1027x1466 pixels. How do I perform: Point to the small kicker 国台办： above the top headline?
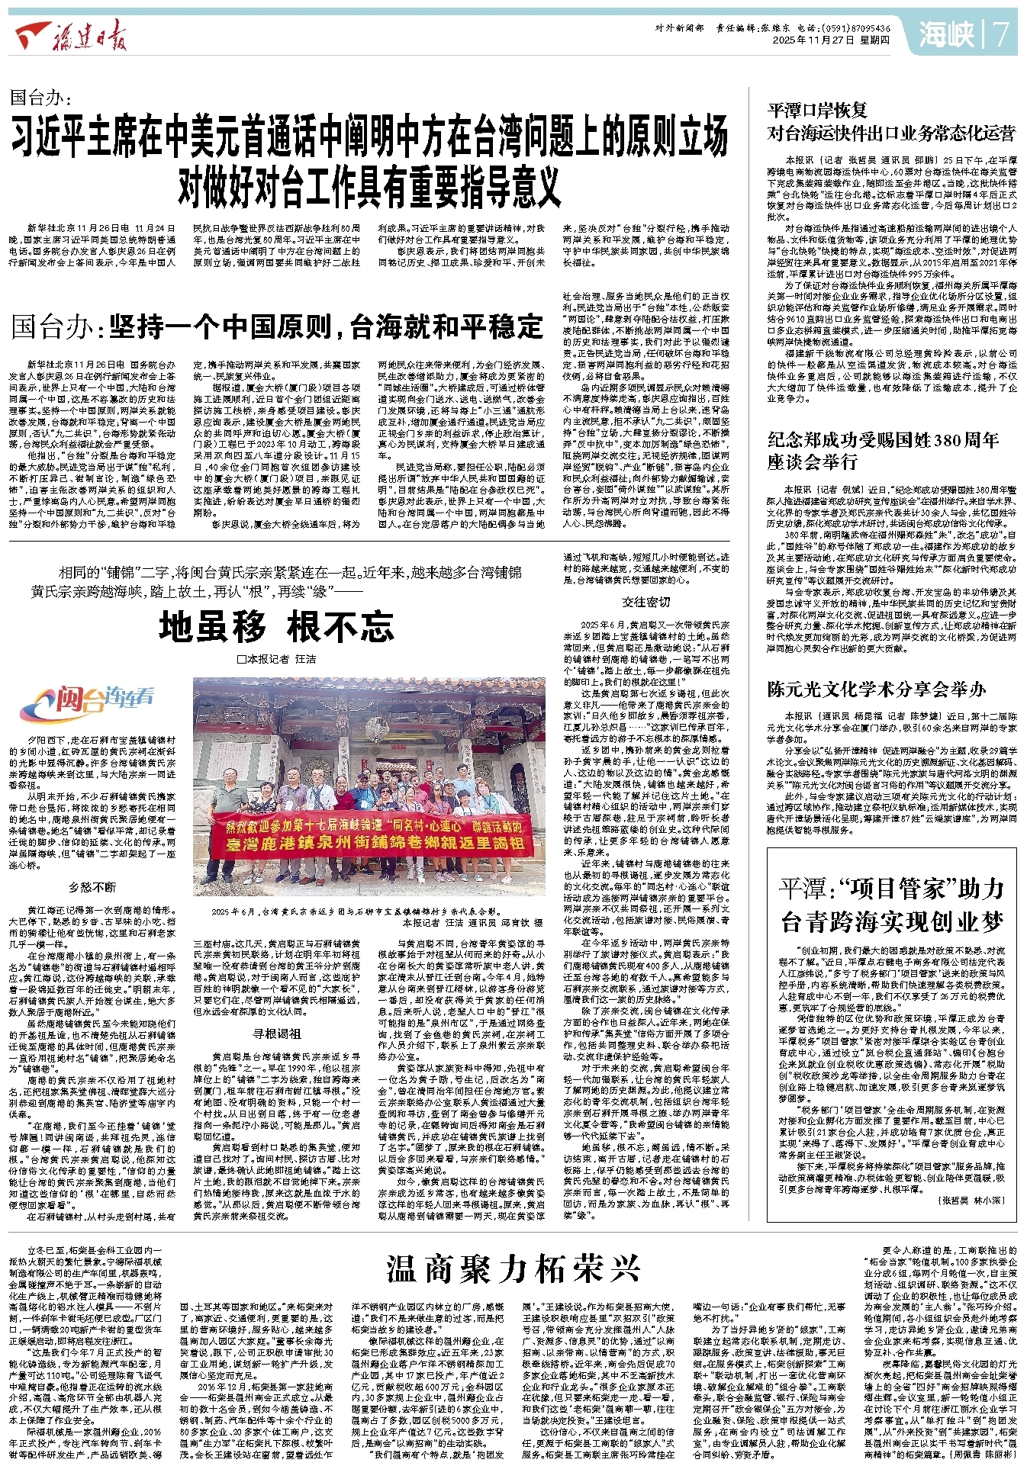click(x=41, y=97)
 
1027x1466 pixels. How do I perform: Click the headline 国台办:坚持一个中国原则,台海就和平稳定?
click(x=278, y=326)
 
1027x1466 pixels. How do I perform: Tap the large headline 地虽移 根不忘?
click(x=277, y=627)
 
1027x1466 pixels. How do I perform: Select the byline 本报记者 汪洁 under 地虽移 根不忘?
click(x=276, y=658)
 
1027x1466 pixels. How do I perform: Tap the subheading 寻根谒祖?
click(x=276, y=1034)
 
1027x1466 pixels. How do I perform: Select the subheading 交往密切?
click(x=646, y=602)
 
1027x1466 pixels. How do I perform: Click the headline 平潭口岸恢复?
click(x=817, y=110)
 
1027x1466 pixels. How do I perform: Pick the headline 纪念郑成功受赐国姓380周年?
click(x=883, y=439)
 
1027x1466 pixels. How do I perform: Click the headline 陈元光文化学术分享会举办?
click(x=877, y=689)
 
